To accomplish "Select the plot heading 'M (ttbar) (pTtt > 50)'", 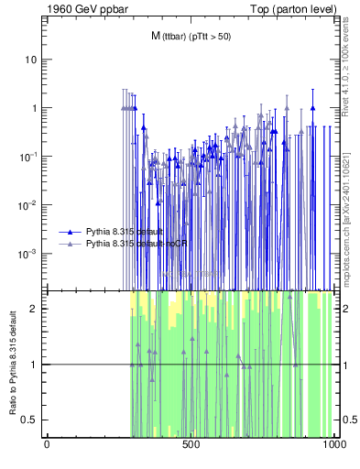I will point(191,36).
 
